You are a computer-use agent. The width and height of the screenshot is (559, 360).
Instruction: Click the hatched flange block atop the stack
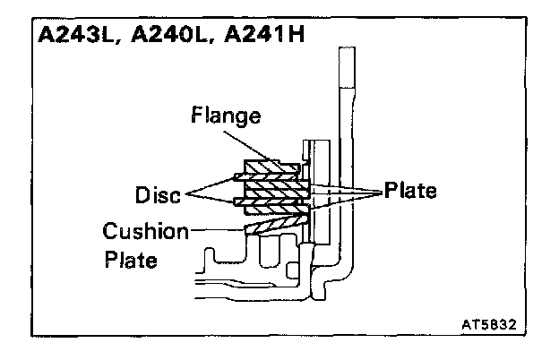(269, 167)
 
